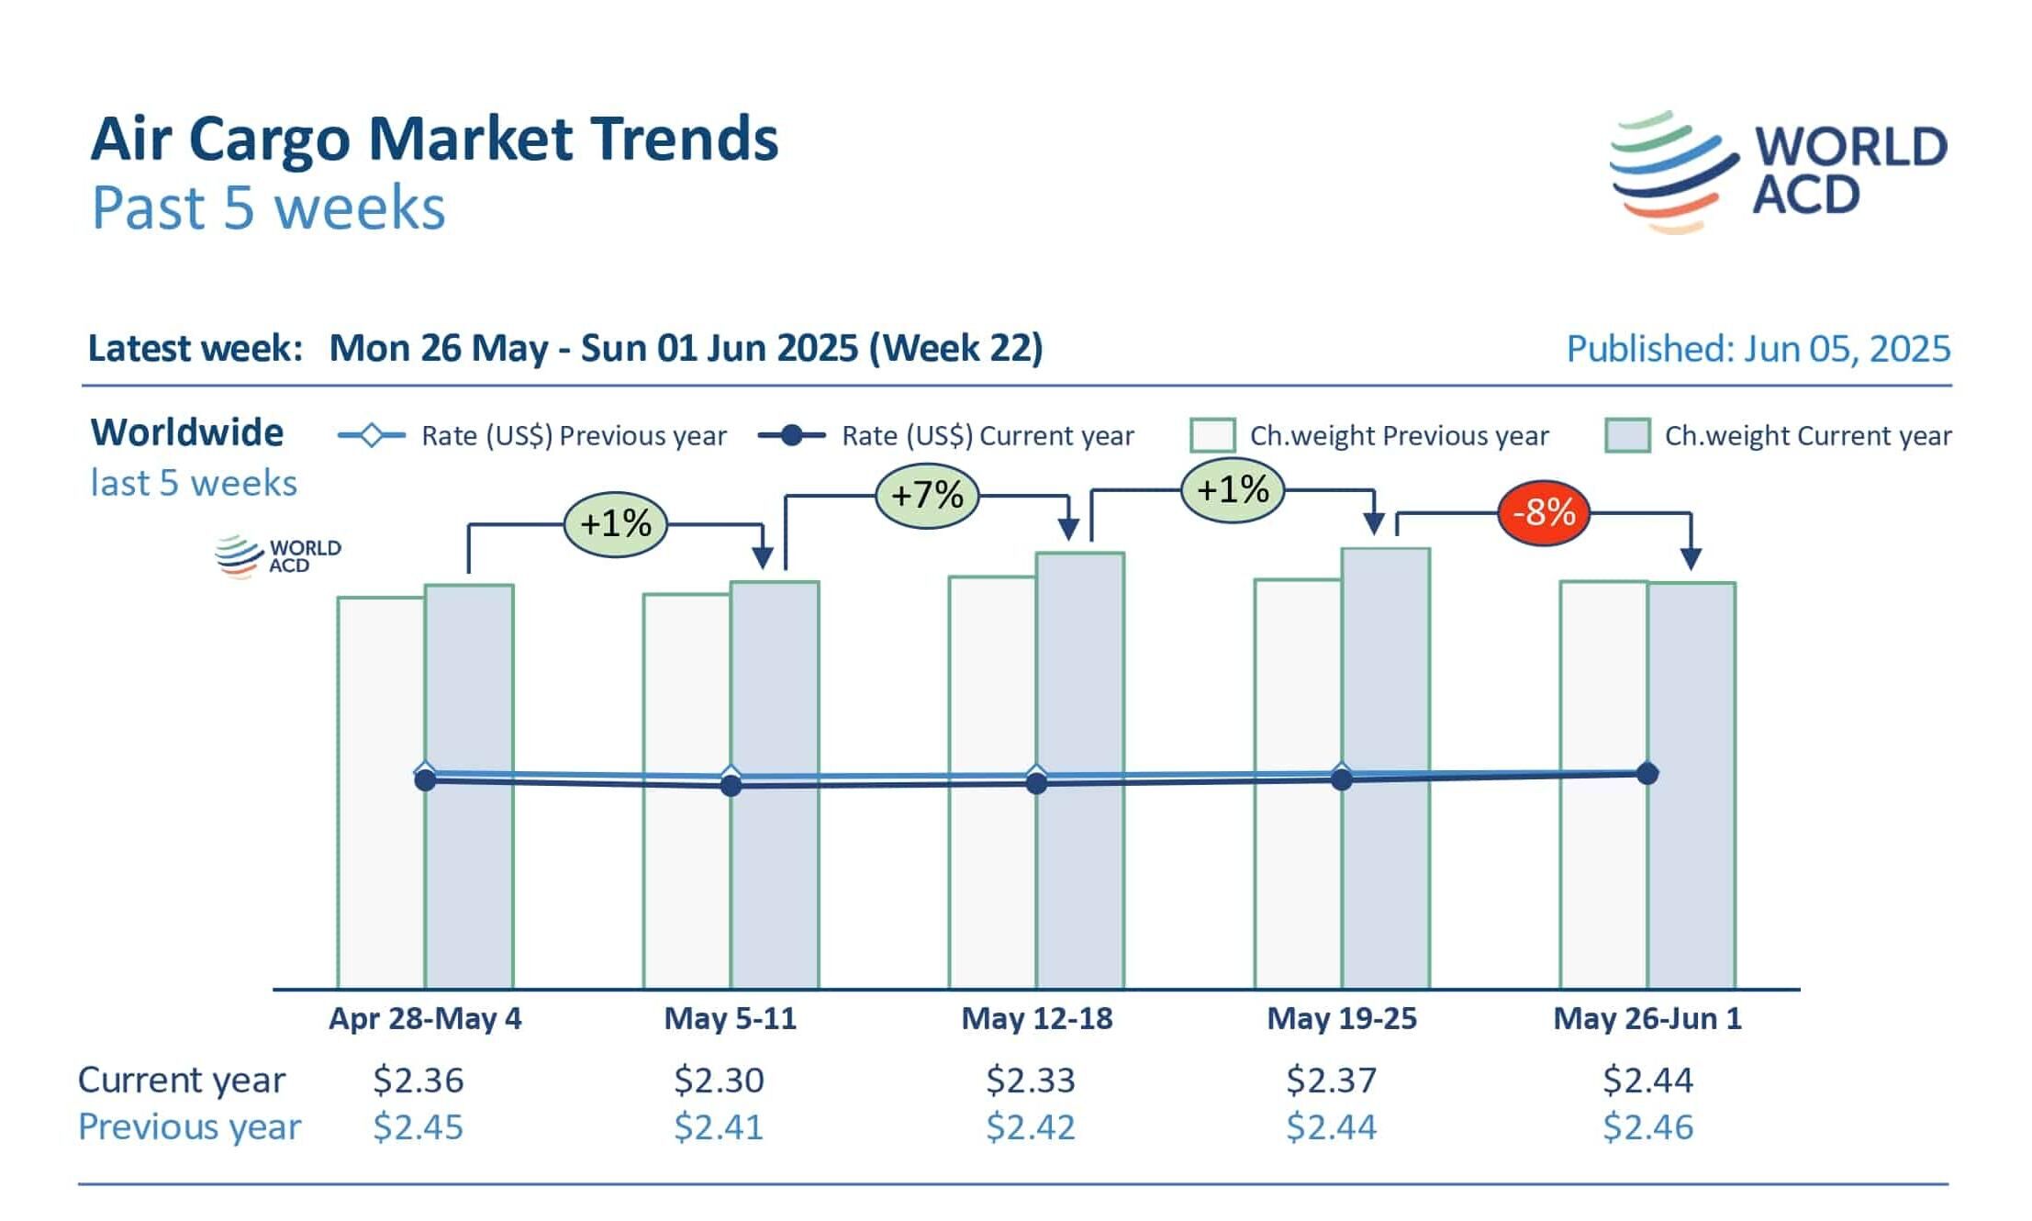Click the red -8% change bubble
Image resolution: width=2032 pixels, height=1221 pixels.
click(1543, 512)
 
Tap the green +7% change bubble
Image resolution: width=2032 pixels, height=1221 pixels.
click(927, 496)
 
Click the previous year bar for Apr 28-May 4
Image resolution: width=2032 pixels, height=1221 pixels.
click(381, 881)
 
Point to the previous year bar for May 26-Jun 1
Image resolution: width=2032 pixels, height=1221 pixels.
click(1603, 881)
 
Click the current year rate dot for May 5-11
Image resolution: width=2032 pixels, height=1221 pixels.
click(731, 786)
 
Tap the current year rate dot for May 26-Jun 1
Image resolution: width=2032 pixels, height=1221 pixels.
click(1647, 774)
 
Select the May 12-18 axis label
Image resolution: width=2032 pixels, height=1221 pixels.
click(1036, 1019)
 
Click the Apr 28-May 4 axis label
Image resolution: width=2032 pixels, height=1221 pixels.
click(425, 1019)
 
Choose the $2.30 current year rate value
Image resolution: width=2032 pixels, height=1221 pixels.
click(719, 1081)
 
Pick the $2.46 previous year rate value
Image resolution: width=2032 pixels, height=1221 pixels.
click(1647, 1127)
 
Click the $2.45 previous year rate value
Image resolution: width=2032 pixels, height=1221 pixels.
click(418, 1127)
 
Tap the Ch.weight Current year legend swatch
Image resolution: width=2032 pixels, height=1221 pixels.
click(1627, 435)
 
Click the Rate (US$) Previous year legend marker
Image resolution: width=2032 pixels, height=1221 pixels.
click(371, 435)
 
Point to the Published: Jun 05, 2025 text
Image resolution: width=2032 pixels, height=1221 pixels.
click(1758, 349)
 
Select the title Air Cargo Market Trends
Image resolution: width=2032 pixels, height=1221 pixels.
click(434, 139)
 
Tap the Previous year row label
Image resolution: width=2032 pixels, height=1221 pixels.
click(189, 1127)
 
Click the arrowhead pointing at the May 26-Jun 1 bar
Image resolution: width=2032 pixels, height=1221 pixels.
click(1691, 558)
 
